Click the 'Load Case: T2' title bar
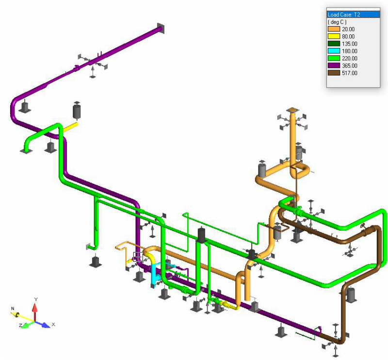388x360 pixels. pyautogui.click(x=353, y=15)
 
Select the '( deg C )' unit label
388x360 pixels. pyautogui.click(x=337, y=22)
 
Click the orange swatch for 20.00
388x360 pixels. pyautogui.click(x=334, y=29)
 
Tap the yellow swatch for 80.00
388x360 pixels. pyautogui.click(x=334, y=36)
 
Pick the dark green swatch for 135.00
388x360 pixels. pyautogui.click(x=334, y=44)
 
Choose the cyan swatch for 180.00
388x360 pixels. pyautogui.click(x=334, y=51)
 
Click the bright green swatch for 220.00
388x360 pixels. pyautogui.click(x=334, y=58)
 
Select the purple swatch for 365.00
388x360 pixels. pyautogui.click(x=334, y=65)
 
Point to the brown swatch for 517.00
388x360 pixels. pyautogui.click(x=334, y=73)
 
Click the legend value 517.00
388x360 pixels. pyautogui.click(x=350, y=73)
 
